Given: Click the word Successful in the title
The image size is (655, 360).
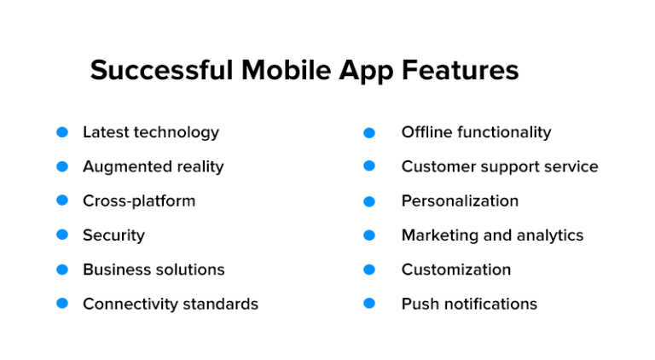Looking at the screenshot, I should pyautogui.click(x=161, y=70).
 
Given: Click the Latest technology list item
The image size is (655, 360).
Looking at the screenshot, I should pyautogui.click(x=150, y=132).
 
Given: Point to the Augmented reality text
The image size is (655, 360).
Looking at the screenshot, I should pyautogui.click(x=153, y=166).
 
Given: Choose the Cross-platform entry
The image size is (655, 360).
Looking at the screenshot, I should pyautogui.click(x=139, y=201).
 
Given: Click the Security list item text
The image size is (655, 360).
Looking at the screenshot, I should pyautogui.click(x=113, y=235).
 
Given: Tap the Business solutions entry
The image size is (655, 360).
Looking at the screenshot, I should pyautogui.click(x=154, y=270).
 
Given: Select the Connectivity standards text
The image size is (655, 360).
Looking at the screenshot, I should pyautogui.click(x=170, y=304).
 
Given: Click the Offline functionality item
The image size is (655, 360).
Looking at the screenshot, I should pyautogui.click(x=476, y=132).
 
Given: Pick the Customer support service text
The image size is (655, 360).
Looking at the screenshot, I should pyautogui.click(x=500, y=166).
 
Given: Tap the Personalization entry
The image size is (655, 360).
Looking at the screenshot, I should pyautogui.click(x=460, y=201).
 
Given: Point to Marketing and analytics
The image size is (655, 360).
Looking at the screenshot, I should pyautogui.click(x=492, y=235).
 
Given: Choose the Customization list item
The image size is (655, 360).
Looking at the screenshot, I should pyautogui.click(x=456, y=270).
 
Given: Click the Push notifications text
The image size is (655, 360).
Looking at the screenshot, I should pyautogui.click(x=469, y=304).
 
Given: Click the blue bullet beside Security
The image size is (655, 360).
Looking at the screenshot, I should pyautogui.click(x=62, y=235).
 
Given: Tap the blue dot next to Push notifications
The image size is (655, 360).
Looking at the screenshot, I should pyautogui.click(x=369, y=303).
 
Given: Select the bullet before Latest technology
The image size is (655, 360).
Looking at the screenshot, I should pyautogui.click(x=62, y=132).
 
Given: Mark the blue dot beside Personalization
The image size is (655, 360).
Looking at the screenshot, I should pyautogui.click(x=369, y=201).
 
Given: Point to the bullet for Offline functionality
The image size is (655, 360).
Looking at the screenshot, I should pyautogui.click(x=369, y=133).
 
